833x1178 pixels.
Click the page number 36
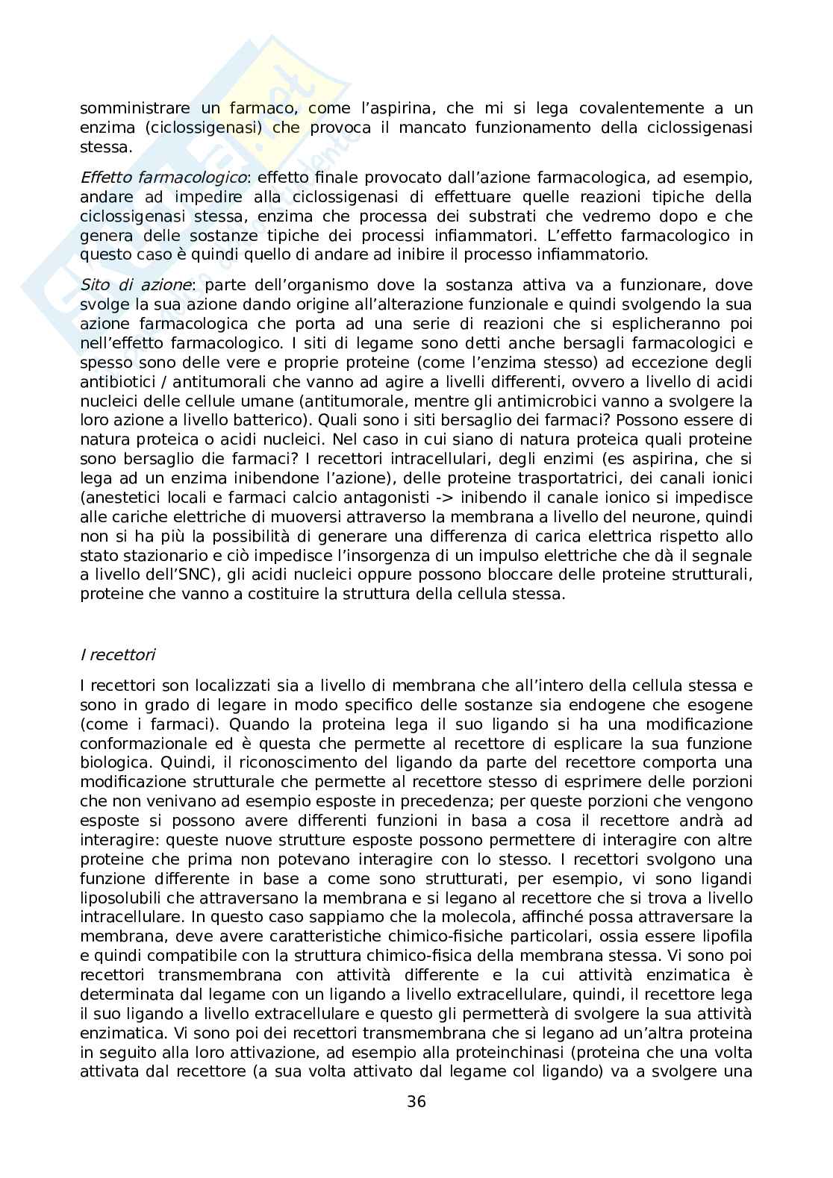(416, 1101)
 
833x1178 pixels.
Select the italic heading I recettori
(117, 655)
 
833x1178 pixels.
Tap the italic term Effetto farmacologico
(163, 178)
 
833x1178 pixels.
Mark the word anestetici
(121, 498)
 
